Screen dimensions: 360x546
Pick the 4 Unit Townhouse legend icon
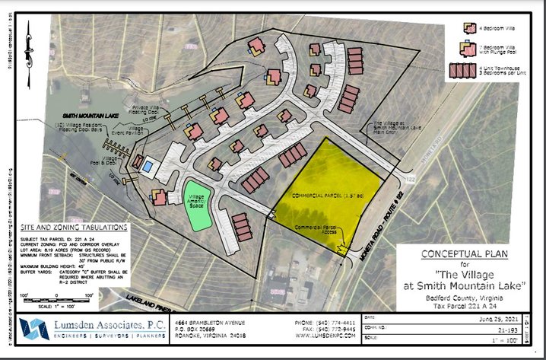click(x=461, y=71)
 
